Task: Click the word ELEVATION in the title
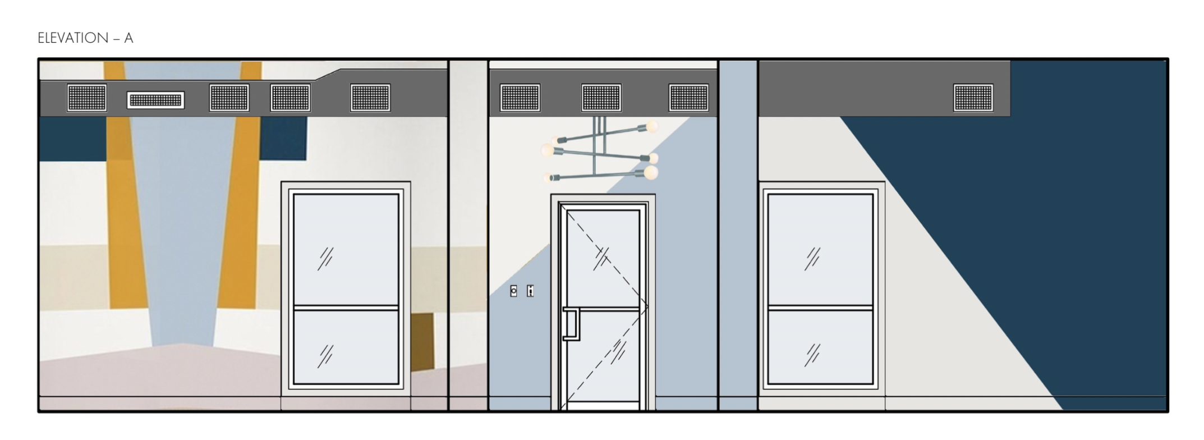click(73, 38)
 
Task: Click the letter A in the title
click(129, 38)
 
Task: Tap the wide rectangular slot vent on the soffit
click(155, 100)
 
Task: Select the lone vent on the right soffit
click(973, 98)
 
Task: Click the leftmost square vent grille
click(87, 98)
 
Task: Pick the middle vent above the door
click(601, 98)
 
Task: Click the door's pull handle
click(571, 324)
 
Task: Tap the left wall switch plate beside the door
click(513, 291)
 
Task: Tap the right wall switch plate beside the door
click(530, 291)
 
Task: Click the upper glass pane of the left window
click(346, 250)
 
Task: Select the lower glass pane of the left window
click(346, 347)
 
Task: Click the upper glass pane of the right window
click(820, 250)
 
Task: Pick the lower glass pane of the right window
click(820, 347)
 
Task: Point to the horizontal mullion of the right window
click(820, 308)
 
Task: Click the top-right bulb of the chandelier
click(651, 126)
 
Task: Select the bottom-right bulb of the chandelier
click(651, 172)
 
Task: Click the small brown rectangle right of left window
click(422, 342)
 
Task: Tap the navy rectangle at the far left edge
click(73, 138)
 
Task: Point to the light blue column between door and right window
click(738, 236)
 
